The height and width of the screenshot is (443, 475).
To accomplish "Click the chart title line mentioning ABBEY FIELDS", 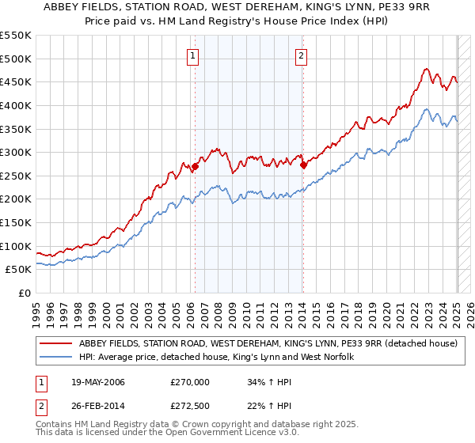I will [x=237, y=8].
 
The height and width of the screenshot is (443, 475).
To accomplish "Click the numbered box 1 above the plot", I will [x=194, y=55].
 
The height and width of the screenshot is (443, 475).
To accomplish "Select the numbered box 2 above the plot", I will [x=302, y=55].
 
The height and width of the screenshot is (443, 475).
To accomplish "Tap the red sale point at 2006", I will [x=196, y=166].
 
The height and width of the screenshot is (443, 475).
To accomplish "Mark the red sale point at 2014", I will [x=304, y=165].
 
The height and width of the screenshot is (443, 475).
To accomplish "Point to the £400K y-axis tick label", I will [x=16, y=105].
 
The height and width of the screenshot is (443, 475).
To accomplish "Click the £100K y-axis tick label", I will [x=16, y=246].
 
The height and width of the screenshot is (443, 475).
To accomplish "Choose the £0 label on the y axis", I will [x=24, y=293].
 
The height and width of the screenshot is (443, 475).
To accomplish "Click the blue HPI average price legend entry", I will [x=215, y=358].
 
